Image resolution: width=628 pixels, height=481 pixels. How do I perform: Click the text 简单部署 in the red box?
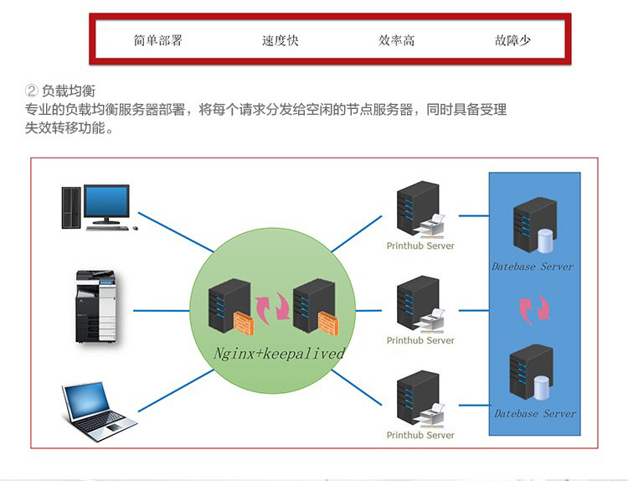click(x=157, y=40)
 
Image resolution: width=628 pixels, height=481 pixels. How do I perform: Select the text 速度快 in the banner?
click(x=280, y=40)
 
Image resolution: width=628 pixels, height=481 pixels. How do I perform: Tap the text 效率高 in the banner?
click(x=396, y=40)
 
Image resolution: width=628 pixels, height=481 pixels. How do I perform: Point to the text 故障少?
click(x=512, y=40)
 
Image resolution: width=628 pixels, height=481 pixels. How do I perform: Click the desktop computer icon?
click(x=95, y=206)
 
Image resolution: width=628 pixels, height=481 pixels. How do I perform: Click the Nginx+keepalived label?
click(x=279, y=354)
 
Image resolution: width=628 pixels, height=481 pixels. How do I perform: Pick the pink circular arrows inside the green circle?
click(x=272, y=307)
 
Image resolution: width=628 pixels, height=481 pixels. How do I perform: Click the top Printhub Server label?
click(x=420, y=246)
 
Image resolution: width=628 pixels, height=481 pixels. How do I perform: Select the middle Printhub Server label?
click(x=420, y=340)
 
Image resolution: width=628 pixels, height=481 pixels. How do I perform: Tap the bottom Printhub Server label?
click(x=420, y=435)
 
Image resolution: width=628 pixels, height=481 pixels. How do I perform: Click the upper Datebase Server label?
click(x=533, y=266)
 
